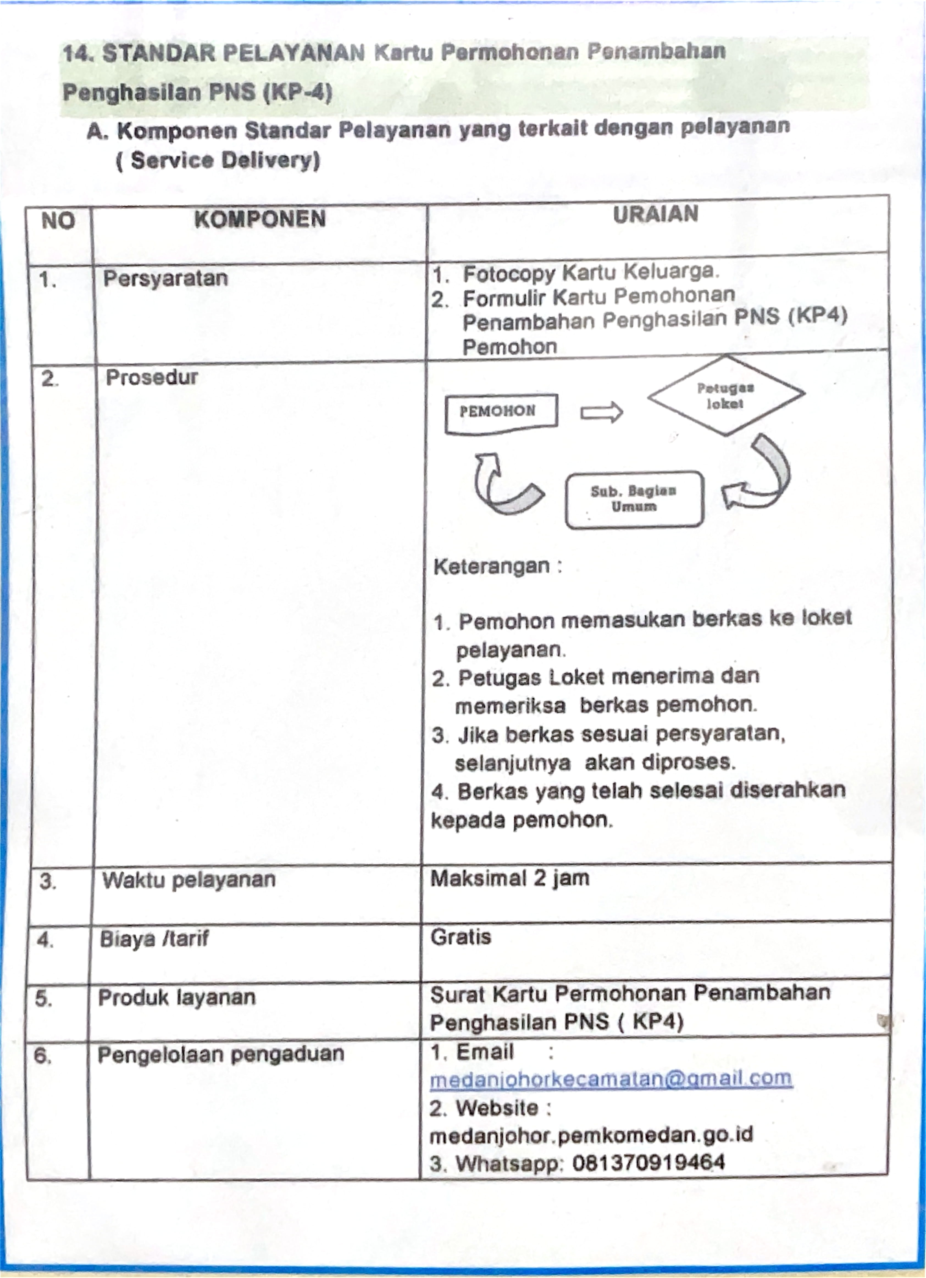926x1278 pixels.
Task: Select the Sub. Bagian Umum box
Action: tap(634, 499)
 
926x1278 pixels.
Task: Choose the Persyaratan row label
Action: tap(165, 278)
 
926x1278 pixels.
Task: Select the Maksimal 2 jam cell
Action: tap(510, 878)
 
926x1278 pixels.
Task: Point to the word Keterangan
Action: tap(491, 566)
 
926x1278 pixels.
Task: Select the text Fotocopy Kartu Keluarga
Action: tap(590, 273)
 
